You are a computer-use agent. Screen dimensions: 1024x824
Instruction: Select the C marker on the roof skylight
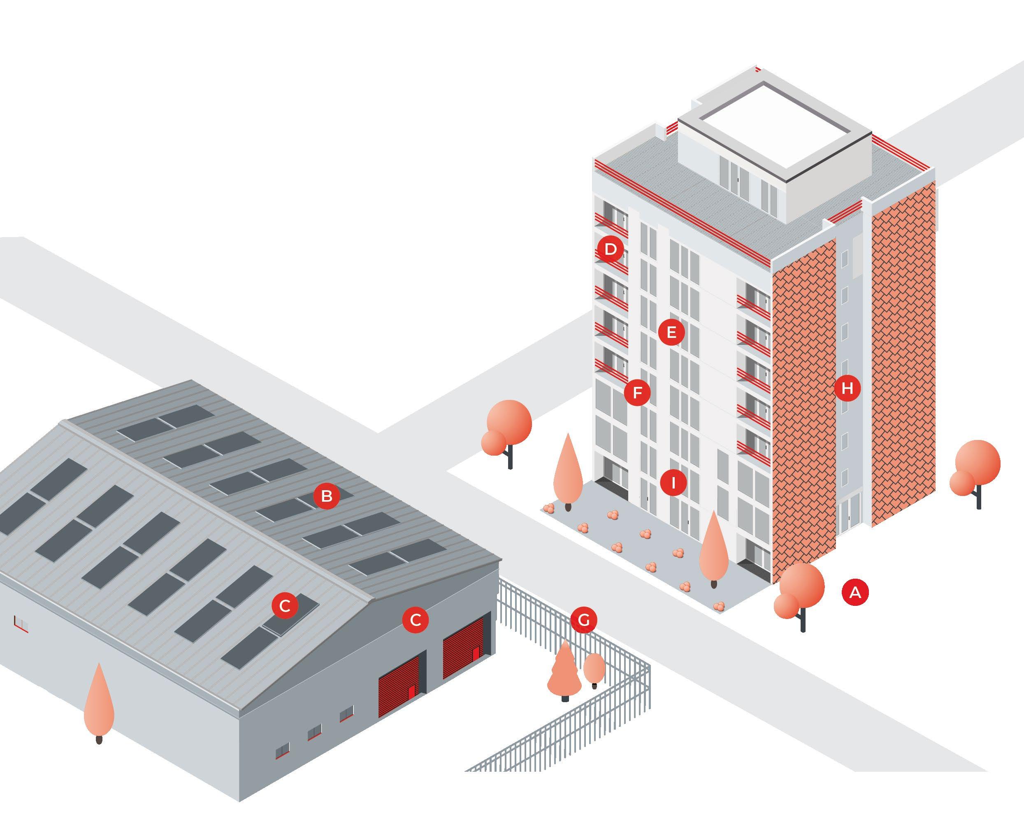pos(285,606)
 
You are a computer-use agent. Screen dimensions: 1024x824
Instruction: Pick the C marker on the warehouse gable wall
pos(415,620)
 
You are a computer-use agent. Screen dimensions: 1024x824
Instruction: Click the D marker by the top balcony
pos(611,249)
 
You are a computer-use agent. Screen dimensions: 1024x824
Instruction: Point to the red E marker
pos(671,332)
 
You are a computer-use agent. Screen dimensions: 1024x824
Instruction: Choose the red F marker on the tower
pos(637,393)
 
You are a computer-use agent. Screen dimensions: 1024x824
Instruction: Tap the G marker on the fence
pos(584,620)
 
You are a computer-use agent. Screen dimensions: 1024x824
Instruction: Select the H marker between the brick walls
pos(848,389)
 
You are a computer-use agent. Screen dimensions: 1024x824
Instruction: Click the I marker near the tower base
pos(673,483)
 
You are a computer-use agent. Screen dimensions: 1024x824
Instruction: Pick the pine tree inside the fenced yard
pos(564,670)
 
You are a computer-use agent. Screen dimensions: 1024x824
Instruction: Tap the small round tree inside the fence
pos(594,668)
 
